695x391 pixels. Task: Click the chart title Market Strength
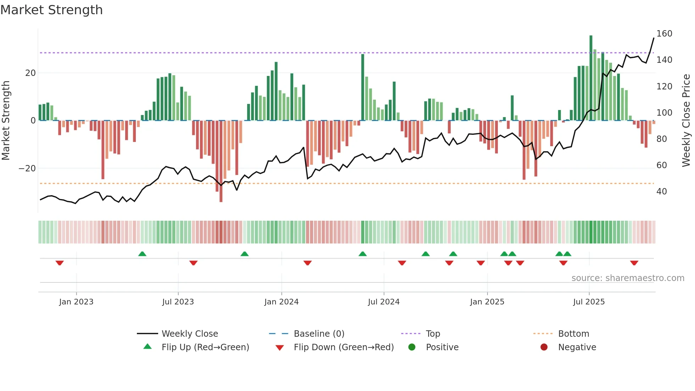click(x=51, y=10)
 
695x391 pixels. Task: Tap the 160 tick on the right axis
click(x=664, y=34)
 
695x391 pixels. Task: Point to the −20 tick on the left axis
click(x=27, y=168)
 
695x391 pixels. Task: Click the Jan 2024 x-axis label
click(x=281, y=302)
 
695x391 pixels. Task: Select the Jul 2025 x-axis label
click(x=589, y=302)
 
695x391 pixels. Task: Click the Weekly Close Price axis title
click(x=686, y=121)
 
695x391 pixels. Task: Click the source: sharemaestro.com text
click(x=628, y=278)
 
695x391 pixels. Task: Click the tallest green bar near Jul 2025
click(x=591, y=78)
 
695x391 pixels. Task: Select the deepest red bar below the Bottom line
click(x=221, y=161)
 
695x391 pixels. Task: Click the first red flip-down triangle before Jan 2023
click(x=60, y=263)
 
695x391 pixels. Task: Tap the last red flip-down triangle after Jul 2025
click(x=634, y=263)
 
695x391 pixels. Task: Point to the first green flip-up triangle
click(x=142, y=254)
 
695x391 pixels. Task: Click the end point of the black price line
click(x=654, y=38)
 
